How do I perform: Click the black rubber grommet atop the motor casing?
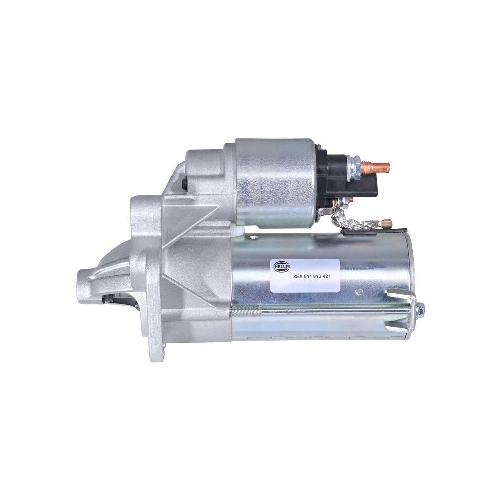[350, 231]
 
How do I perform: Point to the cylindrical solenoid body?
[276, 183]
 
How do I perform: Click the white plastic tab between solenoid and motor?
[238, 230]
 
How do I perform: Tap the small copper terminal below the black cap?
[350, 199]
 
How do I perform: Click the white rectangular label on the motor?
[305, 275]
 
